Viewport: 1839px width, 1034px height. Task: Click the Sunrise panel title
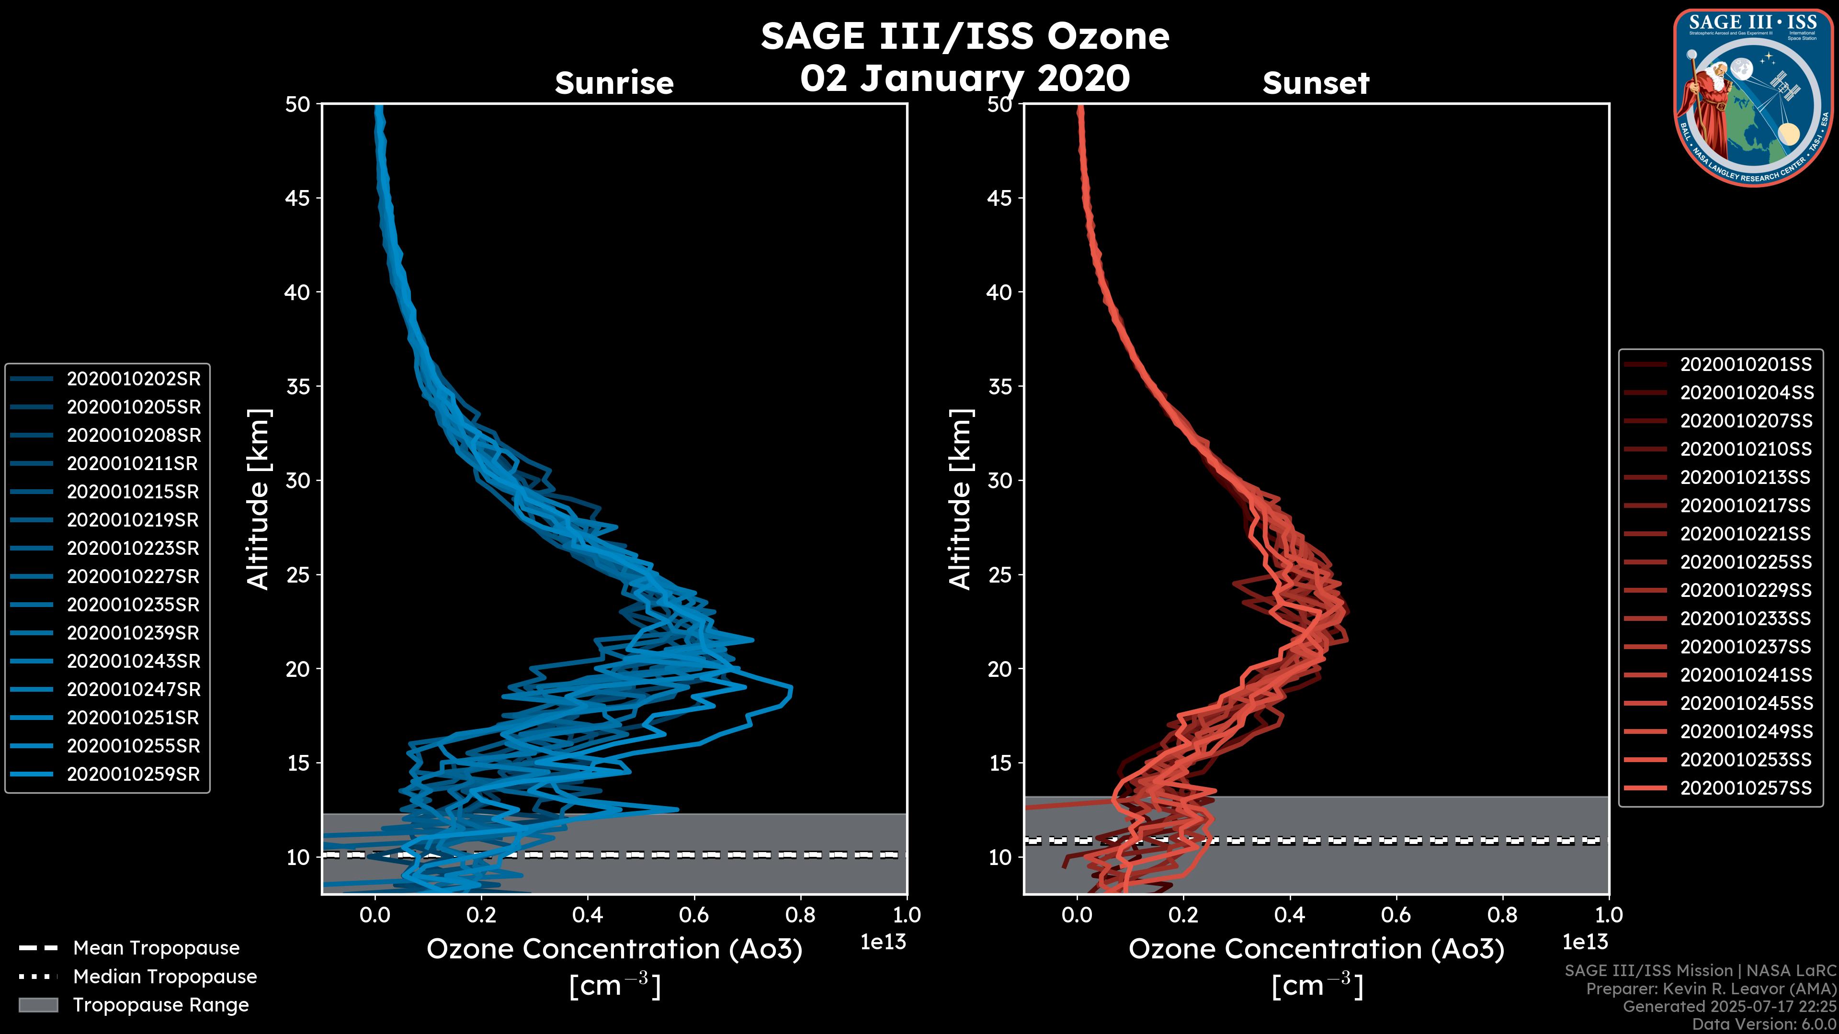(614, 83)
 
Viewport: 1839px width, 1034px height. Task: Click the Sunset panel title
(1316, 83)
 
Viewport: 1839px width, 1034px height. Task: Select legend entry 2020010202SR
(134, 379)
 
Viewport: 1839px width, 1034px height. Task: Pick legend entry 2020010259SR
(134, 774)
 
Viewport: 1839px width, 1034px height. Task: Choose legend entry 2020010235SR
(134, 605)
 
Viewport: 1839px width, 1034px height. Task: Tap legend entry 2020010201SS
(1746, 365)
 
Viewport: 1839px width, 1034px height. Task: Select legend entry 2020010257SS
(1746, 788)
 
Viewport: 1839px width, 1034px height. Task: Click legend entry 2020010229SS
(1746, 590)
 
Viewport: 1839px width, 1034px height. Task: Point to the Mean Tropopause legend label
(156, 948)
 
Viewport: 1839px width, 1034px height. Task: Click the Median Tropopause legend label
(165, 976)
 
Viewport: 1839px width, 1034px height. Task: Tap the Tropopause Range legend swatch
(38, 1005)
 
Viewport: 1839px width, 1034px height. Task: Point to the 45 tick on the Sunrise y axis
(298, 198)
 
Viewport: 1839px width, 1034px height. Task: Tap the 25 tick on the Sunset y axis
(1000, 575)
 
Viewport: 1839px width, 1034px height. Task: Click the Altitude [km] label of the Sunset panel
(961, 499)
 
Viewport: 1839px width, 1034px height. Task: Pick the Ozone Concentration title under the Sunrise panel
(614, 949)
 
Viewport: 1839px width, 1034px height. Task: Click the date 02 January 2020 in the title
(965, 79)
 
